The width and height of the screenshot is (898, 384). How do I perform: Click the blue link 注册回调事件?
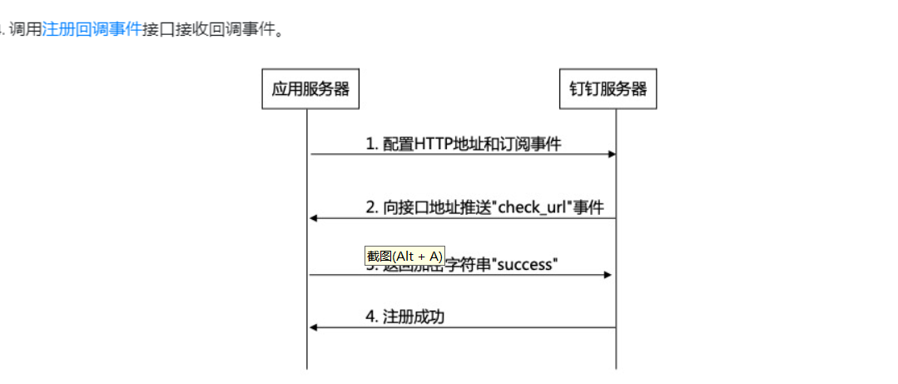(92, 32)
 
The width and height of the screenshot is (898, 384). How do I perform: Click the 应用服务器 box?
(310, 89)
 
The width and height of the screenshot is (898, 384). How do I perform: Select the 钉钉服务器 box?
(608, 89)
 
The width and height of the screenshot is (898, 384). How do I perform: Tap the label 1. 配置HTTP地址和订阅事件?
(464, 144)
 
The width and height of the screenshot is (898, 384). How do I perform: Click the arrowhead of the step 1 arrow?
(612, 154)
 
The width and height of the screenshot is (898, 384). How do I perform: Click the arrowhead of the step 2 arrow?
(314, 218)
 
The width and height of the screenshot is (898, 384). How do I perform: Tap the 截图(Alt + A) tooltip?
(405, 256)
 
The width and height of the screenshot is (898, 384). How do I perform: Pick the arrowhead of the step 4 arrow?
(314, 327)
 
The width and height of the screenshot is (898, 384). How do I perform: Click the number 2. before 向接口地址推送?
(372, 207)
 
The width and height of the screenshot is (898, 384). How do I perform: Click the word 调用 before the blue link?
(25, 32)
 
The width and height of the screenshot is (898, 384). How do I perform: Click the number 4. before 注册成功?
(372, 317)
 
